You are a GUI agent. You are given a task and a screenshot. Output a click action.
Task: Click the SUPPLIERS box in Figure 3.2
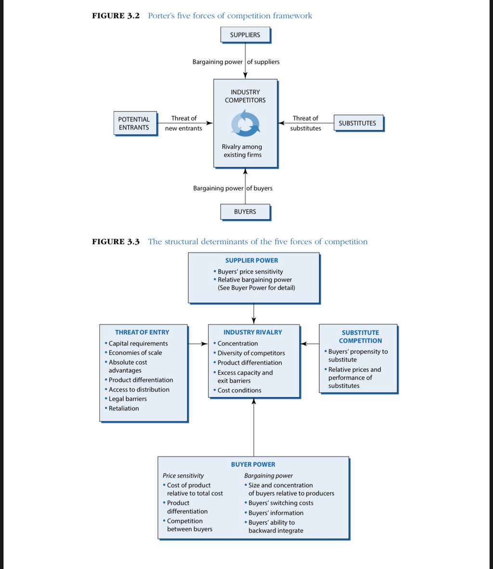click(x=246, y=35)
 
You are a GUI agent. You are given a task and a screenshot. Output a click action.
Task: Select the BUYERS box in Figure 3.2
click(x=246, y=212)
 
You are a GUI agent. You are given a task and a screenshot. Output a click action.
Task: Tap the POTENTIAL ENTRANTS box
click(x=136, y=124)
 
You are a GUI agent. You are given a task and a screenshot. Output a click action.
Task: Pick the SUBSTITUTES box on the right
click(x=359, y=123)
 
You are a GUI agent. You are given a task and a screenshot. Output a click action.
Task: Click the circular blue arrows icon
click(x=246, y=124)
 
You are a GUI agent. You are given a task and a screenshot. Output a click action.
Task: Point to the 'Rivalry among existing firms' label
click(x=242, y=151)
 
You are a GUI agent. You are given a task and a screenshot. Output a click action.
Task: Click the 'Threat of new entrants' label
click(x=184, y=123)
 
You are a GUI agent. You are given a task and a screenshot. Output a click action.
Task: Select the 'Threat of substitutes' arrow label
click(x=306, y=123)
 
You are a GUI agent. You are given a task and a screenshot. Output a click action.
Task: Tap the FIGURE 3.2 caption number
click(x=116, y=15)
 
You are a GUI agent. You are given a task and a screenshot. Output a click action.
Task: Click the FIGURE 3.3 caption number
click(x=116, y=242)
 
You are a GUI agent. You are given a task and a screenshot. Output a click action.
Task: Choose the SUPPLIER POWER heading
click(x=252, y=261)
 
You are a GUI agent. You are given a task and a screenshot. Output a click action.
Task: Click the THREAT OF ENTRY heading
click(x=142, y=332)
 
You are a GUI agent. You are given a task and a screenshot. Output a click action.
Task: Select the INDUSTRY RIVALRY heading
click(x=253, y=332)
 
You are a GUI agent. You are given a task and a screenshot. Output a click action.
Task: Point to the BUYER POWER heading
click(x=253, y=464)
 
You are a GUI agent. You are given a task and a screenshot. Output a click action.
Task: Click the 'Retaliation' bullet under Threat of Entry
click(x=122, y=409)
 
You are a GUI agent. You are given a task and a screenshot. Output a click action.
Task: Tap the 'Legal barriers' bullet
click(x=126, y=399)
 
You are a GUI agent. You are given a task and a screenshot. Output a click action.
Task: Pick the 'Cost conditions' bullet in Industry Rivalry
click(x=237, y=390)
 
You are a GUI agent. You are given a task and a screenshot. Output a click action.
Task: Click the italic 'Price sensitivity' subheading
click(x=183, y=476)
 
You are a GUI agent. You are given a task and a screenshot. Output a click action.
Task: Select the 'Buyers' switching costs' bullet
click(x=279, y=503)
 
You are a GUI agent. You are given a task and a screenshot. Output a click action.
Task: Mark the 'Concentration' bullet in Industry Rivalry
click(x=235, y=344)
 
